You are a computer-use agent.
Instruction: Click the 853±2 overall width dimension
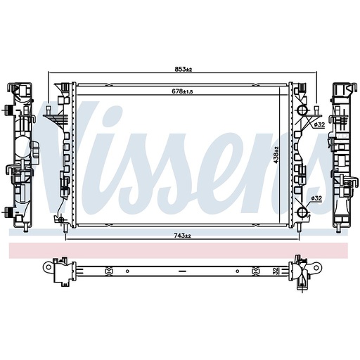[184, 69]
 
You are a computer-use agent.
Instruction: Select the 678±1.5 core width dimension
[182, 91]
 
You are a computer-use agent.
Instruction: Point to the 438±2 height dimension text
[276, 155]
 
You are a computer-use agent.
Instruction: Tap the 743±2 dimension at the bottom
[182, 236]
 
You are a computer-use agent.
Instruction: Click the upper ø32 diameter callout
[319, 124]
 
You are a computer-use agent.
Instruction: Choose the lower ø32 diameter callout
[316, 198]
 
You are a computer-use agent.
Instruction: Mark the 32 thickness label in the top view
[275, 271]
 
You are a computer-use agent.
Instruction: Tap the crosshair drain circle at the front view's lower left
[61, 219]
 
